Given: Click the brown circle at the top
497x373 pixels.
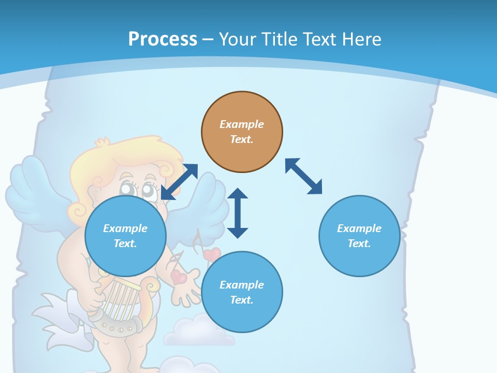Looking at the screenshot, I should coord(242,132).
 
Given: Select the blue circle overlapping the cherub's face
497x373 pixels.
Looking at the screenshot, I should coord(125,236).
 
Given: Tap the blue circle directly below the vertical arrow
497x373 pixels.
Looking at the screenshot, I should coord(242,292).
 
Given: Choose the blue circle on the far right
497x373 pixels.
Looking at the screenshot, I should coord(359,236).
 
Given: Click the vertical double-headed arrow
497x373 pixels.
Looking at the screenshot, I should coord(238,213).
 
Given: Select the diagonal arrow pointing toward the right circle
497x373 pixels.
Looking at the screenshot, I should coord(303,177).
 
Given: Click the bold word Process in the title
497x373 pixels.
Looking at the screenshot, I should coord(163,39).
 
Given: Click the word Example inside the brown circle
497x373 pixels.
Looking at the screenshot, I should coord(242,124).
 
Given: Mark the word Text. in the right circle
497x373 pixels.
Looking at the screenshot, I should coord(359,243).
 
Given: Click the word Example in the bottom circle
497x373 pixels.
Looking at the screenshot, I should coord(242,285).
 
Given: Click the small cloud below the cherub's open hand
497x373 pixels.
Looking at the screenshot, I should coord(199,332).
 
